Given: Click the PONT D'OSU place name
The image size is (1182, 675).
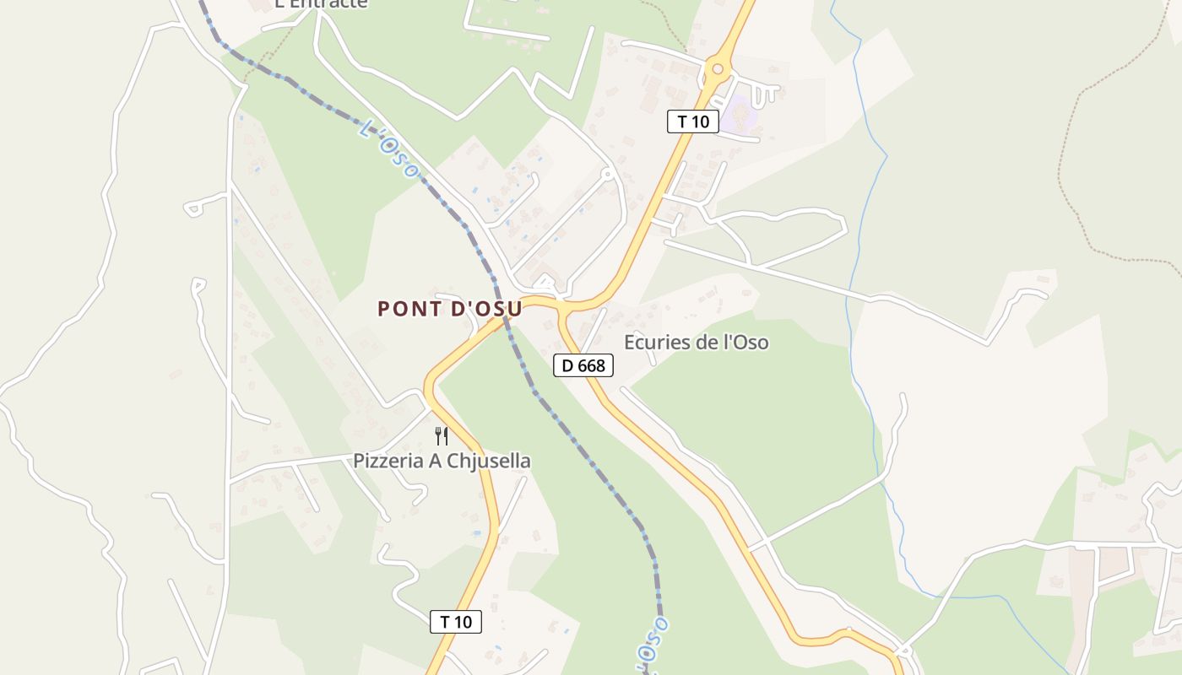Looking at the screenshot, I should coord(449,309).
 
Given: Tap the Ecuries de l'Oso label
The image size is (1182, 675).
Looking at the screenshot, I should coord(696,343).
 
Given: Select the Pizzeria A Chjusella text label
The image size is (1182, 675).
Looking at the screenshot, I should coord(442,461).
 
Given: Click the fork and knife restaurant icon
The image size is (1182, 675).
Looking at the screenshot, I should coord(441,435).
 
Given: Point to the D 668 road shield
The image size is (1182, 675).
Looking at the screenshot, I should coord(583,365).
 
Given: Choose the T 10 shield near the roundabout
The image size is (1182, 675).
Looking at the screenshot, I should coord(693,121).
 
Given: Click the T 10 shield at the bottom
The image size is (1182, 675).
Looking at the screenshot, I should coord(456,622).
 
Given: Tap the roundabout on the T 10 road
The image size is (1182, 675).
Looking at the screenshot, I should coord(717,68).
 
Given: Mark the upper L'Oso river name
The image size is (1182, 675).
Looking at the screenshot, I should coord(388,149).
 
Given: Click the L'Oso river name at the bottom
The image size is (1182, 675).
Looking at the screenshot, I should coord(653,645).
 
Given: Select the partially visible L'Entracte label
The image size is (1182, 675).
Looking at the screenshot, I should coord(321,4).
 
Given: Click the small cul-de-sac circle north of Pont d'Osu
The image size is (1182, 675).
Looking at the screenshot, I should coord(606,174).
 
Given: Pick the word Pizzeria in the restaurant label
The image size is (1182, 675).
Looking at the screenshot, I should coord(389,461).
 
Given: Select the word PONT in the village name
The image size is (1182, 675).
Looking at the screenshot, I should coord(409,309).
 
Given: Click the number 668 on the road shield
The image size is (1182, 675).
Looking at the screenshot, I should coord(591,365).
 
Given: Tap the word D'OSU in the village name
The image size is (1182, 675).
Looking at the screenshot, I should coord(487,309).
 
